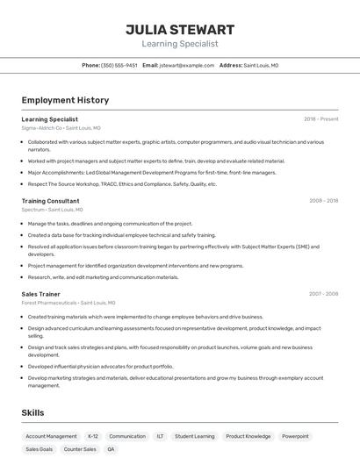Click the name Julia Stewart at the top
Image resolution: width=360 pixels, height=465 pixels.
pos(179,29)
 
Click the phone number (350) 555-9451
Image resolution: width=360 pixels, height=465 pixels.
pos(119,65)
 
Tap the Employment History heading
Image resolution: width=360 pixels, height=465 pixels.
pos(65,100)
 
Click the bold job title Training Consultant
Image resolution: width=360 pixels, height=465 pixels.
pos(50,201)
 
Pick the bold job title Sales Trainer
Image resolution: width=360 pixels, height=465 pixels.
pos(40,294)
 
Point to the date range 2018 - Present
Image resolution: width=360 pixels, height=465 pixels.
pos(320,119)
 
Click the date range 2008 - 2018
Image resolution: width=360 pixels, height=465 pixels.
pos(323,201)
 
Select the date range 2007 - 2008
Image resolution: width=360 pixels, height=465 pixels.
pos(323,294)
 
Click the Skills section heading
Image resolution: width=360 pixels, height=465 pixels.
pos(32,412)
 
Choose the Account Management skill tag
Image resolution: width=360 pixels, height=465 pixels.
pos(51,436)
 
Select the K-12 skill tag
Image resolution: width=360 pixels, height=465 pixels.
pos(92,436)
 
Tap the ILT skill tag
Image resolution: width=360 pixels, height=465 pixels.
pos(160,436)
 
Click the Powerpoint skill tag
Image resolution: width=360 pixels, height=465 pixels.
pos(295,436)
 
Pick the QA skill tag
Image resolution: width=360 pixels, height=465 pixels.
pos(111,449)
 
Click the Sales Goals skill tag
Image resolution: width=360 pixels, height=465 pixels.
pos(39,449)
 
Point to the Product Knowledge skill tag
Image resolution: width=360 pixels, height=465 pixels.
pos(248,436)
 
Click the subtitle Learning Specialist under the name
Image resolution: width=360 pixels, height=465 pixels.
pos(179,43)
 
